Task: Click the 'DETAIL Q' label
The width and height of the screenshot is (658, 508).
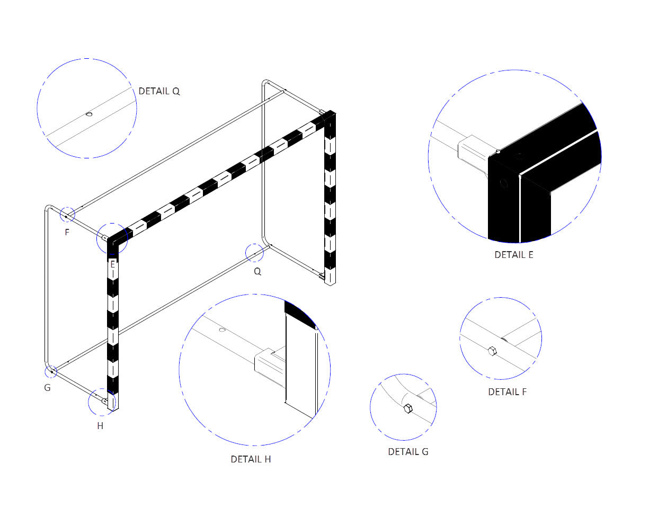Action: [159, 91]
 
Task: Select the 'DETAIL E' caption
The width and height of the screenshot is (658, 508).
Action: [513, 255]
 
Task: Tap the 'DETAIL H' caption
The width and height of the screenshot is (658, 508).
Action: [251, 459]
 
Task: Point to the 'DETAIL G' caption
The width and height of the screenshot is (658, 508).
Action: [408, 452]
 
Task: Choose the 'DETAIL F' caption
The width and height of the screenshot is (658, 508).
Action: [507, 392]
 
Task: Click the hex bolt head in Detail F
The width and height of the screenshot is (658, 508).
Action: [492, 351]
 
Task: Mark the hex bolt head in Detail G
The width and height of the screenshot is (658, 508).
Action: [407, 408]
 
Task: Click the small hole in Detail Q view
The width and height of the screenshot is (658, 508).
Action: [89, 114]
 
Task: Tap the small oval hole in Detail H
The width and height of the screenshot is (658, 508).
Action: [222, 330]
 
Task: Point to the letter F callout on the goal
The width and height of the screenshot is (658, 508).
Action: [67, 232]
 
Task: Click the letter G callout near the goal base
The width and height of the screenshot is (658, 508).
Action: [47, 388]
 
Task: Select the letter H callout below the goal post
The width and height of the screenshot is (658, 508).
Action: [100, 426]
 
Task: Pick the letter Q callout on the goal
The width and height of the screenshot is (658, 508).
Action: [257, 272]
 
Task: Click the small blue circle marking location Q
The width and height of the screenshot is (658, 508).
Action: [254, 253]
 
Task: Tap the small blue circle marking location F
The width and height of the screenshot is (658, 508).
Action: [67, 215]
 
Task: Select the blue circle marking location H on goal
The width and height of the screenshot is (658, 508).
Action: [102, 402]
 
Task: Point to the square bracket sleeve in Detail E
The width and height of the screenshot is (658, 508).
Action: [473, 151]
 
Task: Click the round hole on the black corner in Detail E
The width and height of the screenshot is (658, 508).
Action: [503, 183]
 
